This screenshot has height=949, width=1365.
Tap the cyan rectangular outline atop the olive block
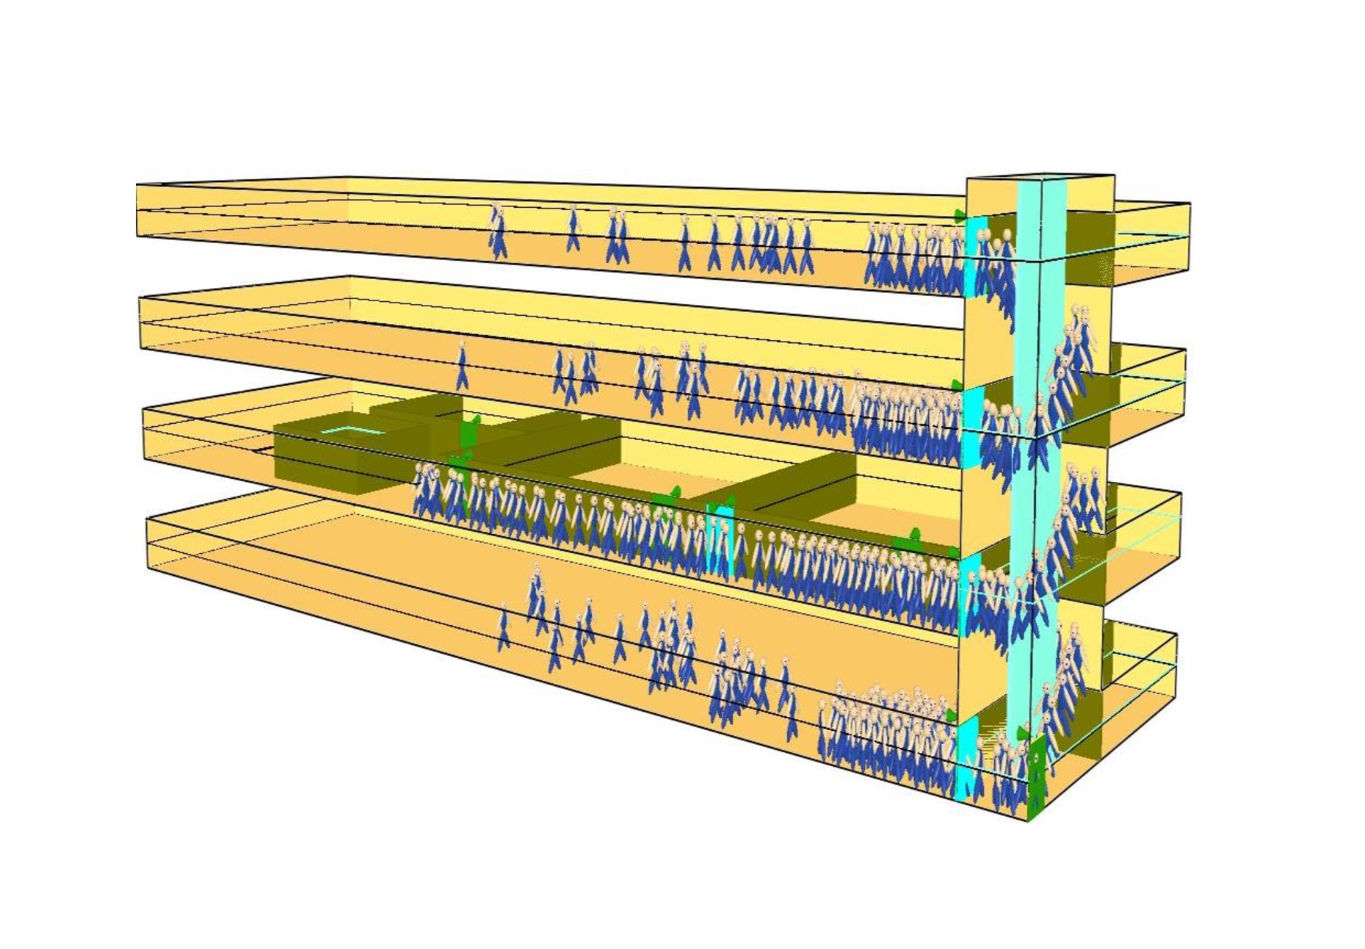[352, 430]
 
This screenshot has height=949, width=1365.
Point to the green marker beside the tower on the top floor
[958, 214]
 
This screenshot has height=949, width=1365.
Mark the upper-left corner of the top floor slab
[137, 185]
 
